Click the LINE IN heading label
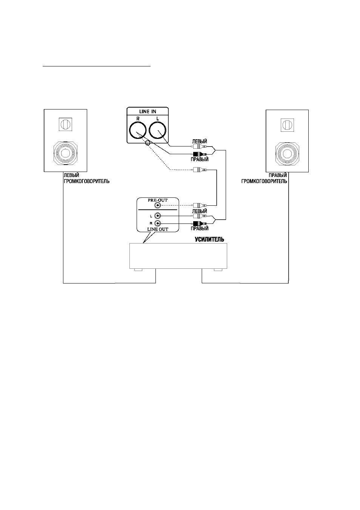pos(148,112)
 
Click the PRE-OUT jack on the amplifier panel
pos(157,205)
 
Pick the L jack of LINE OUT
pos(157,216)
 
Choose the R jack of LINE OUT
pos(157,223)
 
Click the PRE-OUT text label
pos(158,200)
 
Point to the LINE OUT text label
pos(158,229)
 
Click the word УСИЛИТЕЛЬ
pos(209,239)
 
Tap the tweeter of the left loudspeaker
pos(66,124)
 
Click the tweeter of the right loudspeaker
pos(288,125)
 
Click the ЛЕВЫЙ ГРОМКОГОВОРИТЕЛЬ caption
pos(86,179)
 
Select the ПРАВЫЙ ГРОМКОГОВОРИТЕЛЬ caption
pos(264,179)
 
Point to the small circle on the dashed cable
pos(148,143)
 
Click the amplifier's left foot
pos(138,270)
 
